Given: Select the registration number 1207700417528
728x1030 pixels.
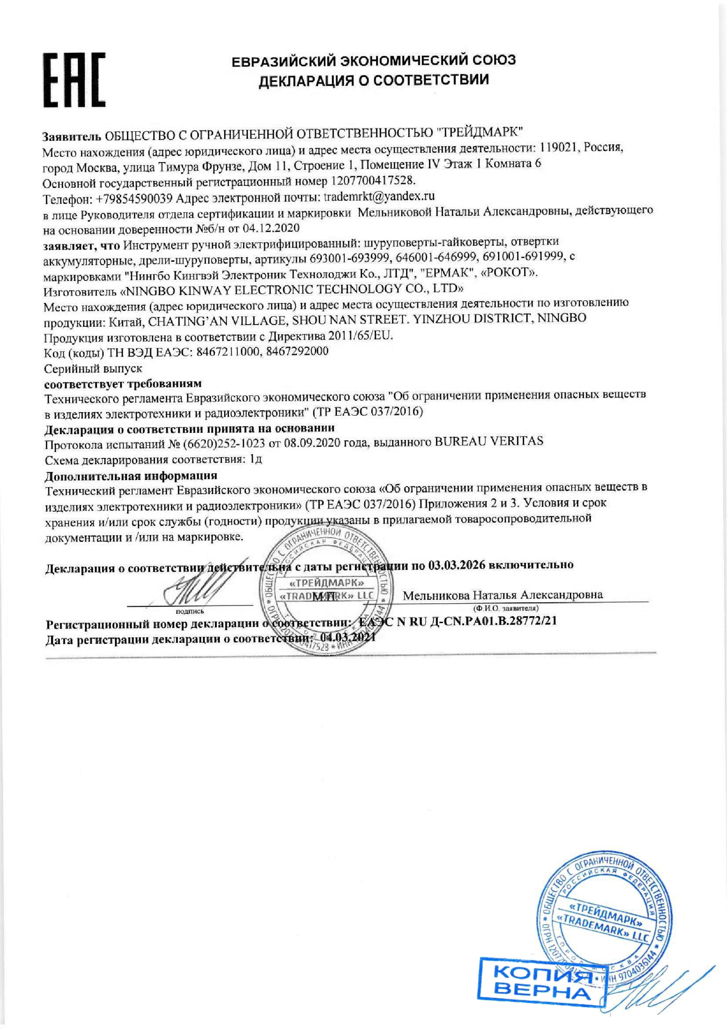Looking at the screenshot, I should [x=373, y=181].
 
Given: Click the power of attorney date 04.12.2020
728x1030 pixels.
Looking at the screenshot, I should [x=271, y=228].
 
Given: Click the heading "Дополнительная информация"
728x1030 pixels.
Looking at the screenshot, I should [x=131, y=476].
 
